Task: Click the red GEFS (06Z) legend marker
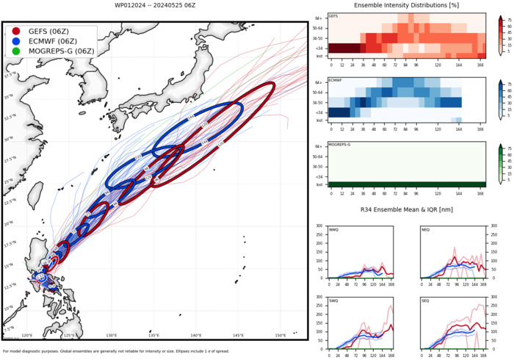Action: pos(17,32)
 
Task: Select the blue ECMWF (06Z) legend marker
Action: pos(17,41)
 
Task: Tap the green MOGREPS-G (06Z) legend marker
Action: pos(17,51)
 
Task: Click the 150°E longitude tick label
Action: pos(280,336)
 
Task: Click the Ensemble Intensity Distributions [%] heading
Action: pos(406,5)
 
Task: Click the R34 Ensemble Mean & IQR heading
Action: pos(406,212)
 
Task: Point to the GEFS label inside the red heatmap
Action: pos(333,16)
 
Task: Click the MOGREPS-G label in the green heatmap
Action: pos(339,146)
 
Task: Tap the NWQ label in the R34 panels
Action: pos(334,229)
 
